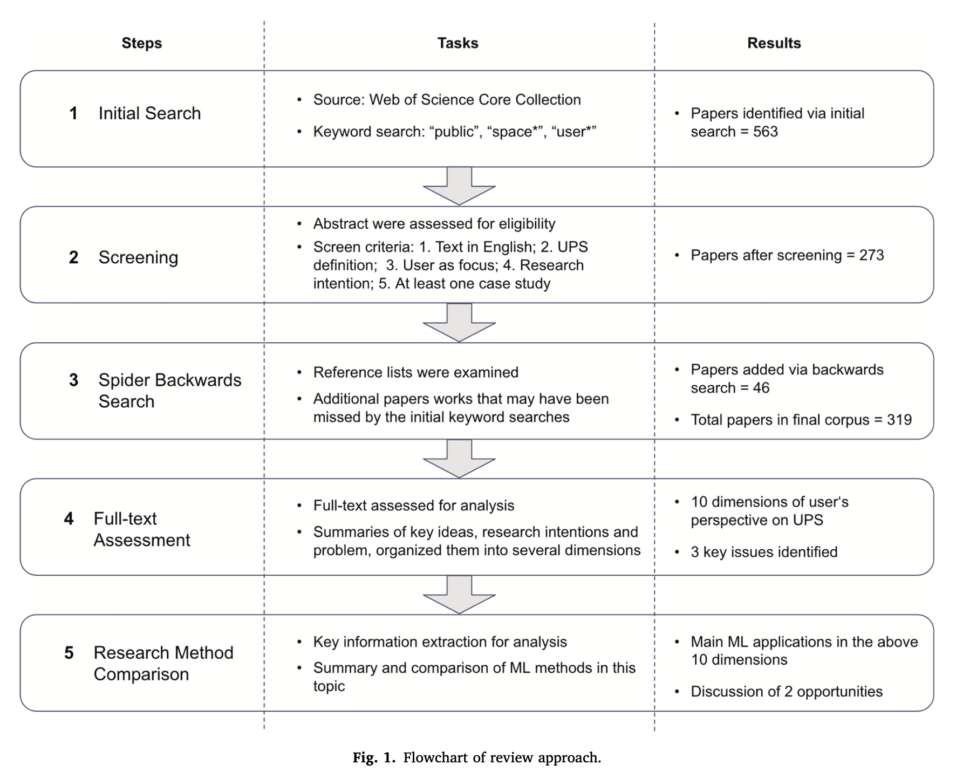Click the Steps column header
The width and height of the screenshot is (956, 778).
141,43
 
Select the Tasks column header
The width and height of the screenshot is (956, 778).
457,43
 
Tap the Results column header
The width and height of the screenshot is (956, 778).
774,43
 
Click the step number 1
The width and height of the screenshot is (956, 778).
73,113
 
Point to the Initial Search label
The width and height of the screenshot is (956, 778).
149,113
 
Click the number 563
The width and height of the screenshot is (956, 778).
765,132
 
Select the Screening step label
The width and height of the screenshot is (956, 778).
138,257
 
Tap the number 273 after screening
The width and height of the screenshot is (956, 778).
871,255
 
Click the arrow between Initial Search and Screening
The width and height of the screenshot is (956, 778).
459,186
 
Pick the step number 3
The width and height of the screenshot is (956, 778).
73,380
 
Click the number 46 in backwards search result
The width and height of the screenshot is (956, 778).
761,388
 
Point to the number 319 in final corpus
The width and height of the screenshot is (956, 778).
899,420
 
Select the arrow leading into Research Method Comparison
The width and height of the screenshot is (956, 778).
459,595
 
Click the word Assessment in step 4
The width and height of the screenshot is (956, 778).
142,540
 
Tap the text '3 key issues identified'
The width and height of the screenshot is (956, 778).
764,552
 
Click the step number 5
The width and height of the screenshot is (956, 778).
69,653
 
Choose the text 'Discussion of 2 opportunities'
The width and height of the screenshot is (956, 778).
786,692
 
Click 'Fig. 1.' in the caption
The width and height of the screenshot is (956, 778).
374,757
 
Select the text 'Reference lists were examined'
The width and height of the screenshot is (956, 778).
415,372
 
